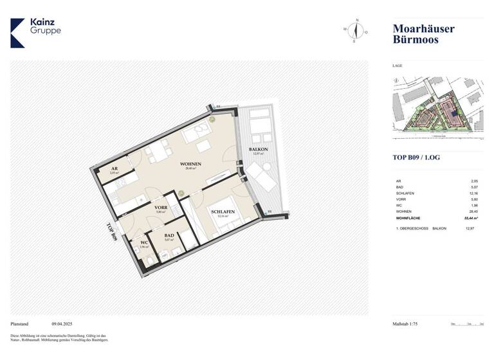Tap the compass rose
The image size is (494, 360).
354,30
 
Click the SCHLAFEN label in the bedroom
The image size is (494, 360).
221,212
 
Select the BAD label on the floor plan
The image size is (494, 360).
169,236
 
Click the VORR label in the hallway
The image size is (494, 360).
161,208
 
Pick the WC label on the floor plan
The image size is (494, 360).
143,242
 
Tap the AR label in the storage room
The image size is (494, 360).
113,168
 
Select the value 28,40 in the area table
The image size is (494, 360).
475,210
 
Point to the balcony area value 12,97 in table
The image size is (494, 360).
475,228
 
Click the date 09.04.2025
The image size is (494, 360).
64,325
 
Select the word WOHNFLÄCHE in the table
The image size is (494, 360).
408,219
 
